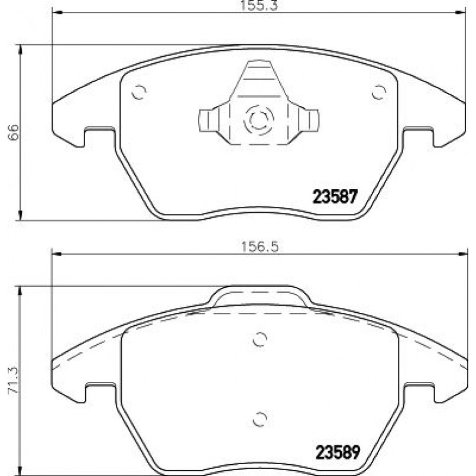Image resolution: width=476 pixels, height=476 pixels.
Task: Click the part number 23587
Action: click(x=335, y=196)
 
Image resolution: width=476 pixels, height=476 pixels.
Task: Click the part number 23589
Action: click(x=338, y=452)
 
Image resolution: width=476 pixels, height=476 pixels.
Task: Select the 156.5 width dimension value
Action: click(x=260, y=247)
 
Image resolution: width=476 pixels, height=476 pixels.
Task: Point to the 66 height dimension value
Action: click(x=14, y=132)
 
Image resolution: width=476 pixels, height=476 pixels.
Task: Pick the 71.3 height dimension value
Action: click(x=14, y=381)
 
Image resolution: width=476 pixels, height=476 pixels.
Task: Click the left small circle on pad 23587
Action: click(x=139, y=92)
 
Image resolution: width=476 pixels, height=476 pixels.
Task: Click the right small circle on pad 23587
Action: click(x=379, y=92)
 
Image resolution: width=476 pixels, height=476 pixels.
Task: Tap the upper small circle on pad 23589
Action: click(x=260, y=339)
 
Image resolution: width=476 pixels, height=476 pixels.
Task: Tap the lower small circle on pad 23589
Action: click(x=260, y=419)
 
